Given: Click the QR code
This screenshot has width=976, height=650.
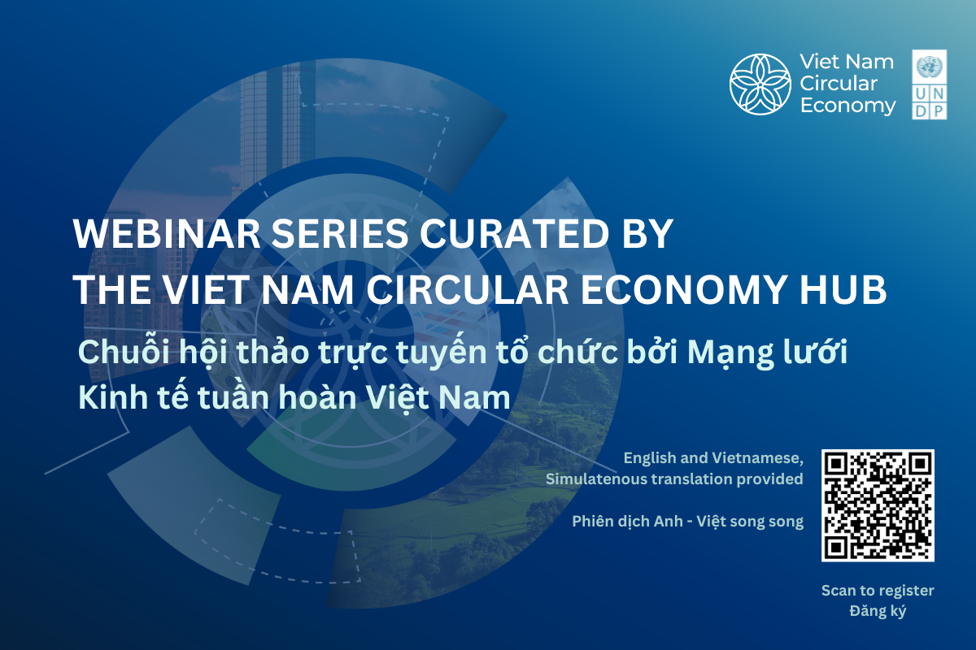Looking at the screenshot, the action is coord(878,505).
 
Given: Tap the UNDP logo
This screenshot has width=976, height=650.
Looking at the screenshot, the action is coord(929,84).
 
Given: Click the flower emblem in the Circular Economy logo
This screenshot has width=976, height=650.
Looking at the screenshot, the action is coord(760,84).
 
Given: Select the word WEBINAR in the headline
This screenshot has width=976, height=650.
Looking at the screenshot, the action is coord(167,234).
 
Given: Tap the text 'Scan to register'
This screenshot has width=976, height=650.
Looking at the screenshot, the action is coord(878,591).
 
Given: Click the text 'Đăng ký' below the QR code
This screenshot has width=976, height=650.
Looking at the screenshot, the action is coord(878,611).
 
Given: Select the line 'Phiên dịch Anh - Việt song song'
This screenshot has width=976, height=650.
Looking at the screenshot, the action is coord(687,522).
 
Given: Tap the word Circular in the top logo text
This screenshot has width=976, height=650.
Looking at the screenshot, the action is coord(839,84).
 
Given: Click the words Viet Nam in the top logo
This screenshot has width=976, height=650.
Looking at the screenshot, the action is coord(847,62).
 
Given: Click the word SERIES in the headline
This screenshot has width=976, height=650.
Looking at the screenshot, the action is coord(340,234).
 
